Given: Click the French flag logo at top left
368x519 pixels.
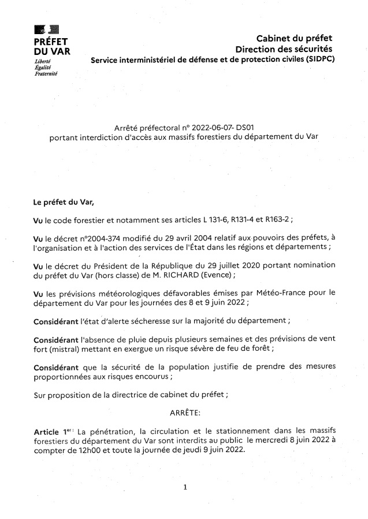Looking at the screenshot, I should [x=43, y=31].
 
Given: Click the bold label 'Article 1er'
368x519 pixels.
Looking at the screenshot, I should [x=54, y=432].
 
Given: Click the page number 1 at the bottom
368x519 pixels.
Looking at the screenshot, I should [x=185, y=487].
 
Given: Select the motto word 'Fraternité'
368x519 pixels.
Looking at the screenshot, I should [x=46, y=74].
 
